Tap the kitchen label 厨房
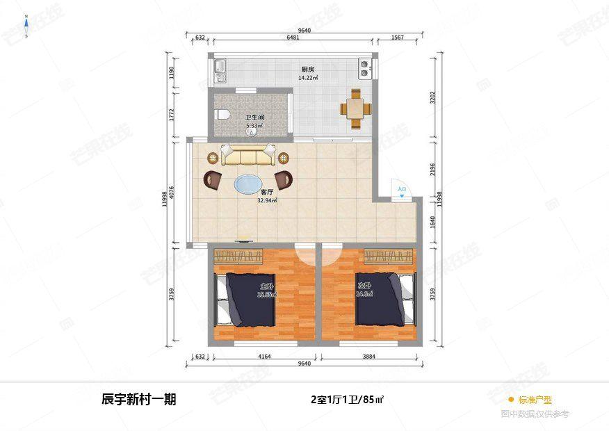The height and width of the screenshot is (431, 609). [x=307, y=70]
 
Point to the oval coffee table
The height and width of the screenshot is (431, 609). [x=248, y=184]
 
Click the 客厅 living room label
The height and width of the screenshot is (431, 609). [x=267, y=193]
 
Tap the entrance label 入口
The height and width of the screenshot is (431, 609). [x=401, y=188]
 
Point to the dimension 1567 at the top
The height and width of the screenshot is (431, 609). [x=398, y=38]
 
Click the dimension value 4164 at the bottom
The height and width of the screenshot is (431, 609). [x=264, y=357]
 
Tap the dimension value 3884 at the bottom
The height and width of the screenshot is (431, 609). [x=369, y=357]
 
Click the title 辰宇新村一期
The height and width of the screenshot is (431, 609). [x=139, y=399]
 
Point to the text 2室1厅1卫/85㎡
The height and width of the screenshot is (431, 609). [x=348, y=400]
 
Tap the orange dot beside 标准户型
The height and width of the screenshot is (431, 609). [x=510, y=400]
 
